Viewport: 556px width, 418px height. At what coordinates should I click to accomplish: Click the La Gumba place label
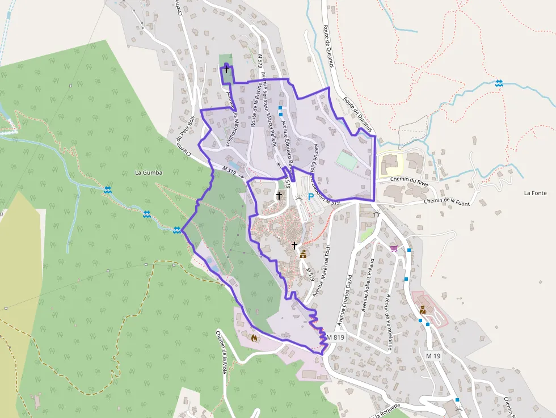[149, 172]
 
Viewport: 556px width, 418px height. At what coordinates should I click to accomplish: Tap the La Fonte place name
[535, 193]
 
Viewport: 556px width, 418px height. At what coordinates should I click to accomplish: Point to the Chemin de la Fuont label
[447, 201]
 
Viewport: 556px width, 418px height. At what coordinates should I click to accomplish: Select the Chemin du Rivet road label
[410, 181]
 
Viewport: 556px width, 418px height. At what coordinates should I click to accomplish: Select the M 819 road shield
[335, 337]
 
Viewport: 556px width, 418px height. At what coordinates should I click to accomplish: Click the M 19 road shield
[433, 356]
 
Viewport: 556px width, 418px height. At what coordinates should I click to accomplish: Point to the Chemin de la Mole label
[221, 349]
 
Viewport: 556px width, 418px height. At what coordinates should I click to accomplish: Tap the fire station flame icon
[254, 338]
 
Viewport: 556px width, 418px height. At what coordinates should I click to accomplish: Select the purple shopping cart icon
[393, 248]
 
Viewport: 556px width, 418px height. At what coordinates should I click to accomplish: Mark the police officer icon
[423, 310]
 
